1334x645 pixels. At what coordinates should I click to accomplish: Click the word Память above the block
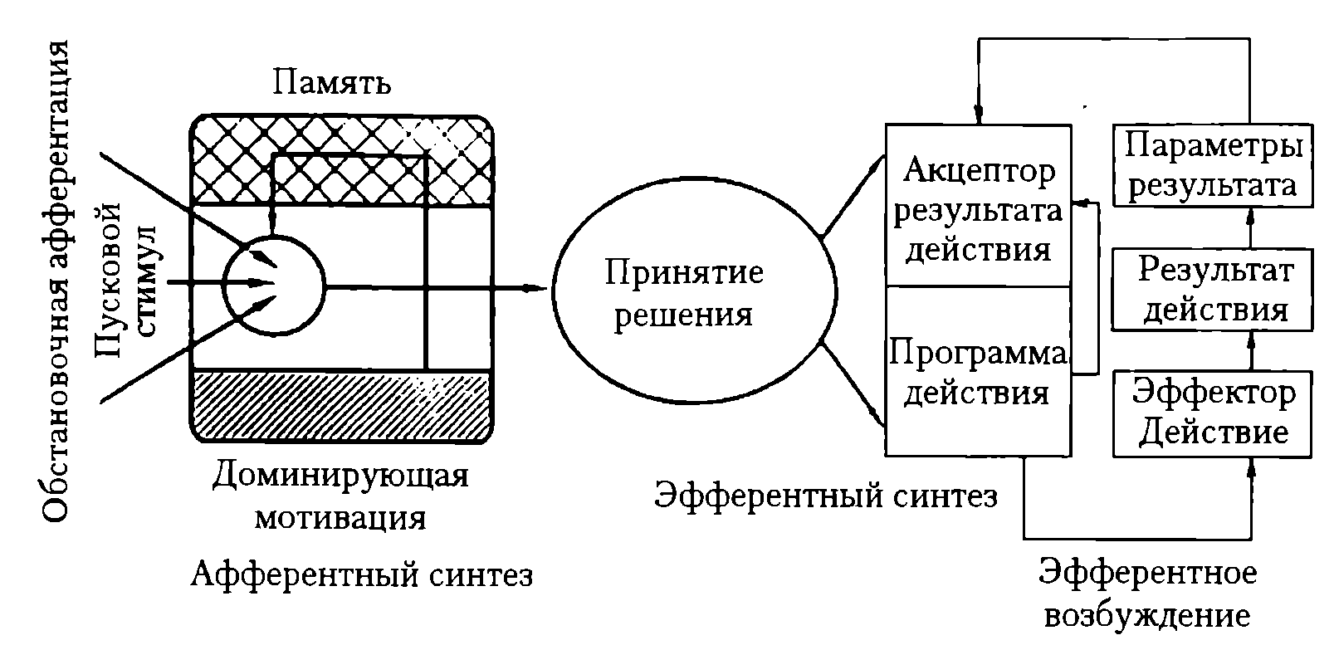click(x=332, y=83)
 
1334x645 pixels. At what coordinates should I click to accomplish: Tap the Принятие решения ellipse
click(x=695, y=291)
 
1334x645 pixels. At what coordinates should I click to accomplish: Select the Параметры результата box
click(x=1213, y=165)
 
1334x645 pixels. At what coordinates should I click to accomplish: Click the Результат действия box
click(x=1213, y=290)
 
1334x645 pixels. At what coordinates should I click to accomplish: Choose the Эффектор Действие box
click(x=1213, y=414)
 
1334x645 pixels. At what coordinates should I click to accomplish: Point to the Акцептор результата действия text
click(x=978, y=210)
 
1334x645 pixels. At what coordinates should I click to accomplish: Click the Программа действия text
click(x=977, y=373)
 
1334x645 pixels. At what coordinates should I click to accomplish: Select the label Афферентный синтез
click(x=361, y=574)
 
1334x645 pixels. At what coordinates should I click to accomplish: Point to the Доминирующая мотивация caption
click(x=340, y=497)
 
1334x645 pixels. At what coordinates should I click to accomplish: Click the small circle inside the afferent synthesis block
click(x=274, y=286)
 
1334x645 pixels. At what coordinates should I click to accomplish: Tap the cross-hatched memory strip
click(x=341, y=160)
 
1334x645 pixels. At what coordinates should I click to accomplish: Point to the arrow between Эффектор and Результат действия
click(x=1251, y=351)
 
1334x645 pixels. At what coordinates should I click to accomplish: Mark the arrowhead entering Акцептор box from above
click(x=978, y=115)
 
